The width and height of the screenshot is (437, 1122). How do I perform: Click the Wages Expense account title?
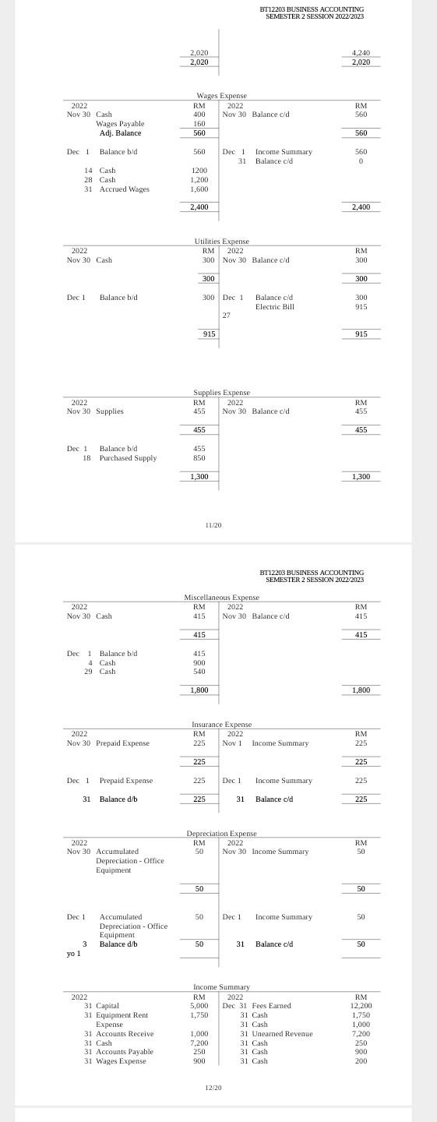coord(221,96)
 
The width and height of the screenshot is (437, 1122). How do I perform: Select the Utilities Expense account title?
coord(221,242)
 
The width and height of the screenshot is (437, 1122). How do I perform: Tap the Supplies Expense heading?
coord(221,393)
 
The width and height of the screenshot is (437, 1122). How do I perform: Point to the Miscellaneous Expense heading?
coord(221,597)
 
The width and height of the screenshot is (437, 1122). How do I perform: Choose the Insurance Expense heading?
coord(221,725)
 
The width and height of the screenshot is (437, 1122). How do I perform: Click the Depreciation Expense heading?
coord(221,834)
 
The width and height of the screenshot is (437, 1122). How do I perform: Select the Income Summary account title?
coord(221,987)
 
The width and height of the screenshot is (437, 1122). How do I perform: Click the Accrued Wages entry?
coord(124,189)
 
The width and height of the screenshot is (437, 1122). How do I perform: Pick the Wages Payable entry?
coord(120,124)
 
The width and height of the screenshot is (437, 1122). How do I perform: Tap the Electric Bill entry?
coord(274,307)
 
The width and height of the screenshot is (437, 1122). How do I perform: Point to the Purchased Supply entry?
coord(128,458)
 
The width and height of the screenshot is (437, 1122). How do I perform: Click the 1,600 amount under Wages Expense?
coord(199,189)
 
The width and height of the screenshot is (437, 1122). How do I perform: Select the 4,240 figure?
coord(361,53)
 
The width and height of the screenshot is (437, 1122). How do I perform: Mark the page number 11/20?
coord(213,525)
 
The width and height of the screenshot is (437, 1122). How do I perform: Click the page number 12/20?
coord(213,1087)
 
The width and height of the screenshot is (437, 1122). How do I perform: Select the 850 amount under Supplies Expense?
coord(199,458)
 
